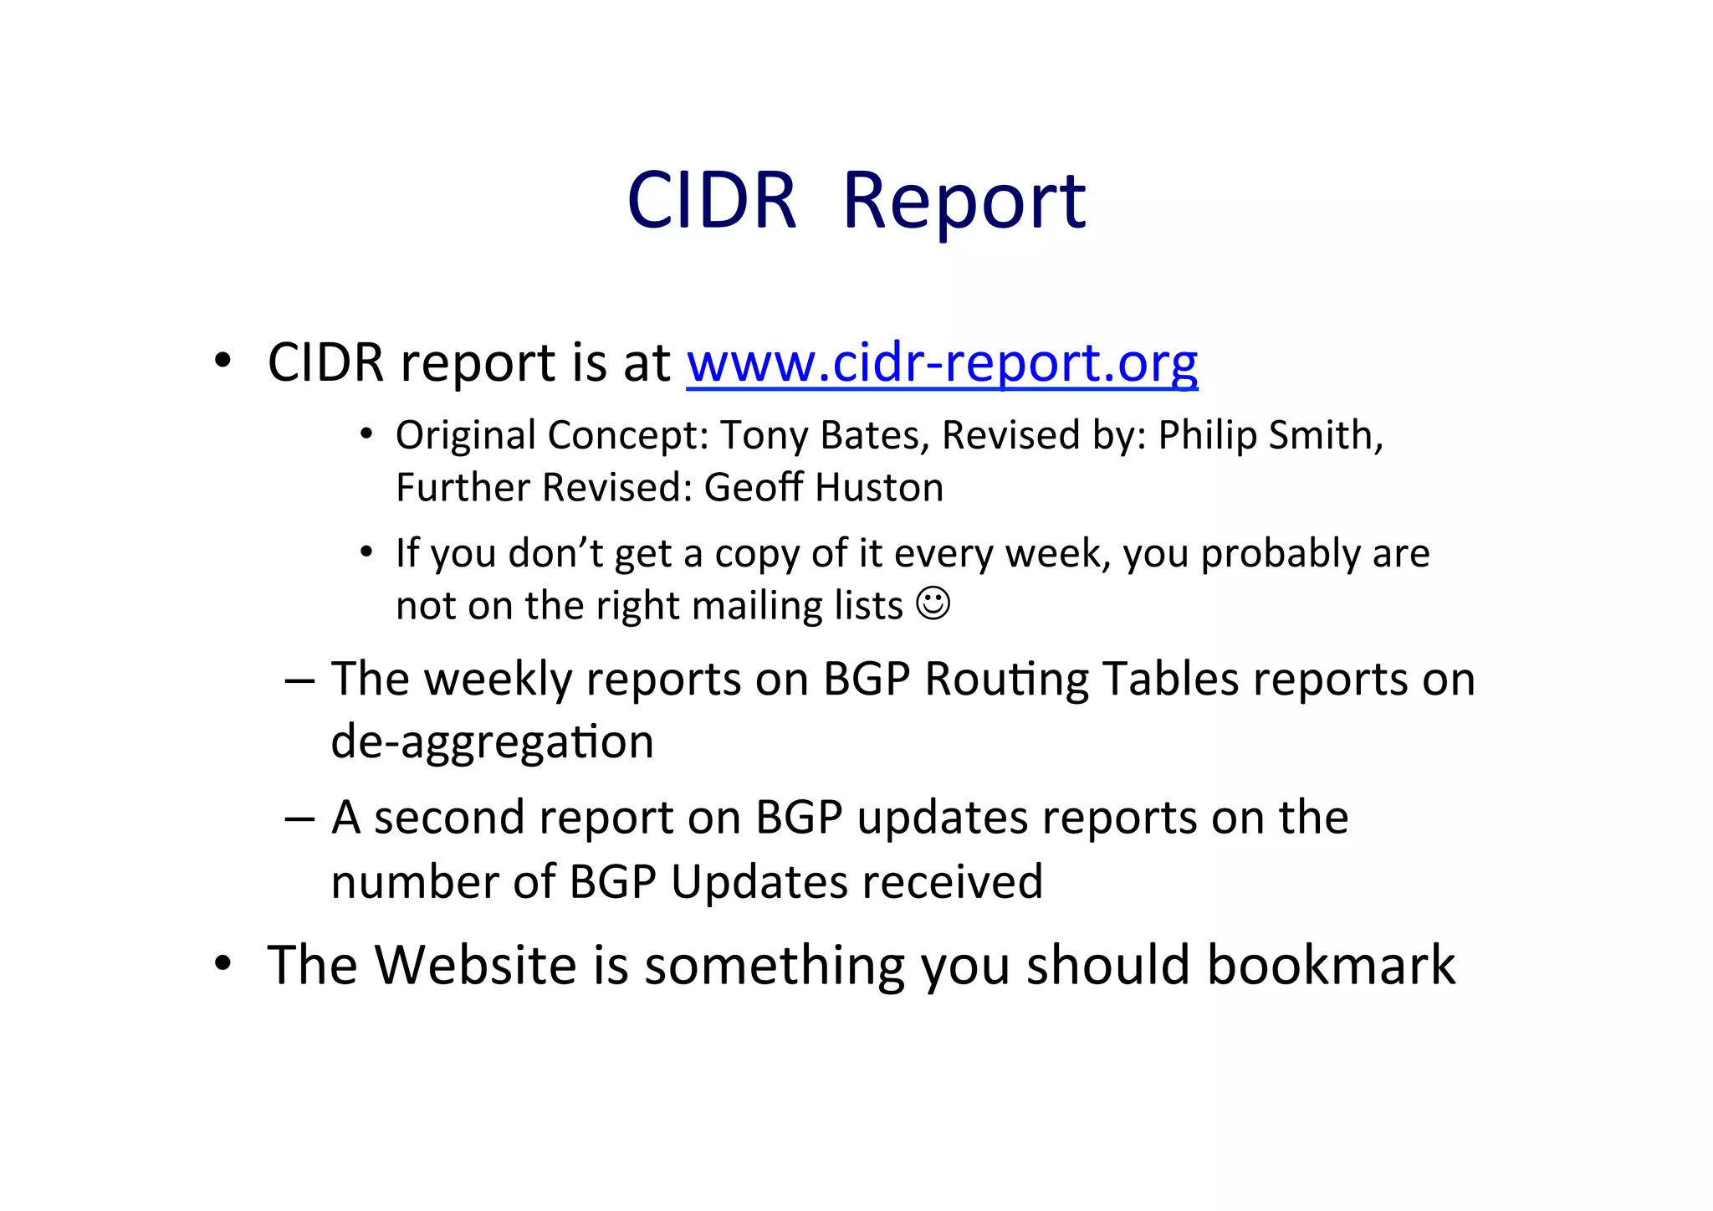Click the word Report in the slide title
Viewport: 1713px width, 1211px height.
(x=964, y=202)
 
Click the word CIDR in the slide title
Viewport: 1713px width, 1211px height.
(x=712, y=202)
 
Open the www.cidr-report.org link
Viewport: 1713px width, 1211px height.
(x=942, y=363)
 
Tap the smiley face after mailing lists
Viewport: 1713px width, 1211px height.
(x=933, y=603)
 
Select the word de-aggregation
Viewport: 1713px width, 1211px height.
(x=492, y=742)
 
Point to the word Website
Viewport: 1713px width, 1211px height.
(x=476, y=965)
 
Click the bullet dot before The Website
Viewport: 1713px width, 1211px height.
(x=222, y=964)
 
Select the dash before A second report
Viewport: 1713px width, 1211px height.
(x=299, y=818)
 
